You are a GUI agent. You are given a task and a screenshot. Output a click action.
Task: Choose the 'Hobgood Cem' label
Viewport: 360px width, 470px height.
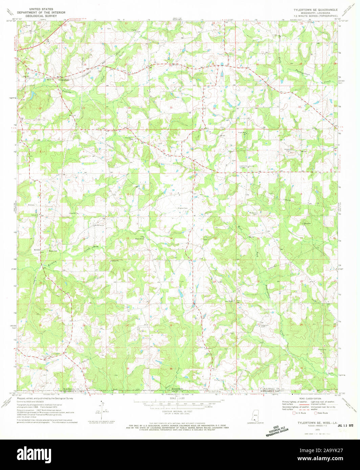click(x=265, y=325)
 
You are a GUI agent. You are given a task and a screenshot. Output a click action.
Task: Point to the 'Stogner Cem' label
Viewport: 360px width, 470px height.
click(x=183, y=208)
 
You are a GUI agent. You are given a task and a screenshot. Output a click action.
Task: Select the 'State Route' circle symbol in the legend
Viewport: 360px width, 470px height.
click(x=316, y=413)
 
